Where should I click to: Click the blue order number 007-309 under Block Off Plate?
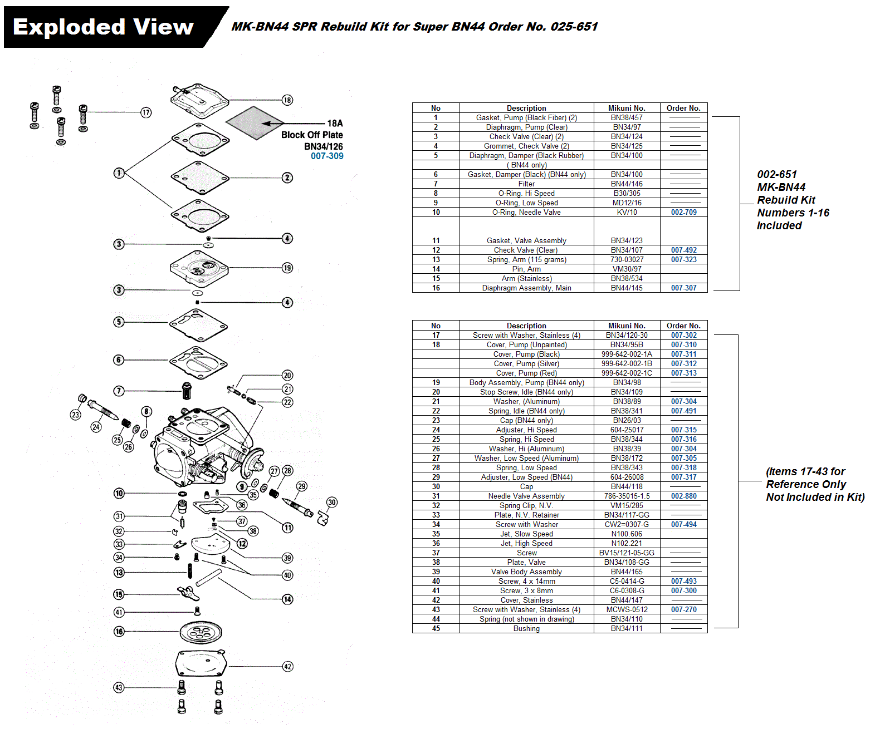327,156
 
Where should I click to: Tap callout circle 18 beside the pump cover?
287,100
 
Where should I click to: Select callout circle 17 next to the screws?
146,112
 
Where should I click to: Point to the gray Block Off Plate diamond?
255,123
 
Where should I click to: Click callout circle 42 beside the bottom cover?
287,666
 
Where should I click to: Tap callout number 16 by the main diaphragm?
119,632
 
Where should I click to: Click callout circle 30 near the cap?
332,502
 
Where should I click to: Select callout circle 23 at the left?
76,415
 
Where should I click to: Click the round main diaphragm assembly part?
201,632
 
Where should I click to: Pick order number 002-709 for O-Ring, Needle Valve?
683,213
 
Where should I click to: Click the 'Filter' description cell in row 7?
526,184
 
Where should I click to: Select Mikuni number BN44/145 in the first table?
627,288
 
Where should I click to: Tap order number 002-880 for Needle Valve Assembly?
683,496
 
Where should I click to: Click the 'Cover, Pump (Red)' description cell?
526,373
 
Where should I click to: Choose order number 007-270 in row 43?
683,610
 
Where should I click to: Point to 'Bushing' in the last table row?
526,629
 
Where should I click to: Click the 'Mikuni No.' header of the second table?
627,326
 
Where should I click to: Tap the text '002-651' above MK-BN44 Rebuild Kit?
777,175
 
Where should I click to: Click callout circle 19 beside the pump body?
287,268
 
